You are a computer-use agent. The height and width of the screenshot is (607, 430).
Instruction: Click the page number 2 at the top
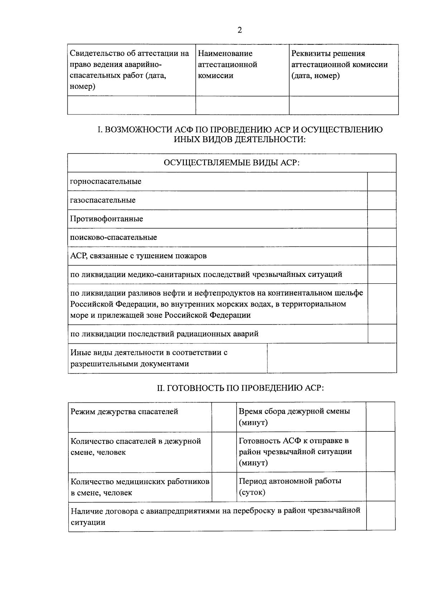[x=240, y=30]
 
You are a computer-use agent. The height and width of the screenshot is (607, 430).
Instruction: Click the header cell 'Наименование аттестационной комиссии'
[x=228, y=65]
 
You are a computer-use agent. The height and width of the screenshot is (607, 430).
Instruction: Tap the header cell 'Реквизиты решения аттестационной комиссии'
[x=339, y=65]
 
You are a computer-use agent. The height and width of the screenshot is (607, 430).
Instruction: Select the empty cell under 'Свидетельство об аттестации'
[x=131, y=105]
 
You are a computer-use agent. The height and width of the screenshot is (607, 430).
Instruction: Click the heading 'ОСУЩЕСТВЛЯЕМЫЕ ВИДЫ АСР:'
[x=231, y=163]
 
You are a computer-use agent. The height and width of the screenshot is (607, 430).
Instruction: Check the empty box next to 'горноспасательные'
[x=382, y=182]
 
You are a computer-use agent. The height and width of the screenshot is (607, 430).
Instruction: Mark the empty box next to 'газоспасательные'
[x=382, y=200]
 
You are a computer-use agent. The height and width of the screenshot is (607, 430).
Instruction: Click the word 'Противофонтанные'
[x=106, y=219]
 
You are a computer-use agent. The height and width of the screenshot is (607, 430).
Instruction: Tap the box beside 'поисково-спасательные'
[x=382, y=238]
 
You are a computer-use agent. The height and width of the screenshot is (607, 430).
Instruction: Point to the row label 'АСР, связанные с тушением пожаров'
[x=138, y=256]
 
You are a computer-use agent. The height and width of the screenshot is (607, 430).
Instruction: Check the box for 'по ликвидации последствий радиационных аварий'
[x=382, y=334]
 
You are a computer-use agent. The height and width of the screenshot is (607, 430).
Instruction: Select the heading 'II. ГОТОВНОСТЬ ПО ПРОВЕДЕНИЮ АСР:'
[x=240, y=388]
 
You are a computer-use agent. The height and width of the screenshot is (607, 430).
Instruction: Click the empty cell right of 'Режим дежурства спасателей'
[x=224, y=417]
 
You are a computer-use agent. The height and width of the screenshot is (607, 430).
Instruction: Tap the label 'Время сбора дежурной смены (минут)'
[x=294, y=417]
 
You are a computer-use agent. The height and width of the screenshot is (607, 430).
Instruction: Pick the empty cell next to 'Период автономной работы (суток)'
[x=380, y=486]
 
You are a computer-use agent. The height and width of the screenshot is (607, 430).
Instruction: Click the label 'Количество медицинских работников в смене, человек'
[x=140, y=487]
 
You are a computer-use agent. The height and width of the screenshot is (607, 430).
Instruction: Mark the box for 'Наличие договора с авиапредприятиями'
[x=381, y=516]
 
